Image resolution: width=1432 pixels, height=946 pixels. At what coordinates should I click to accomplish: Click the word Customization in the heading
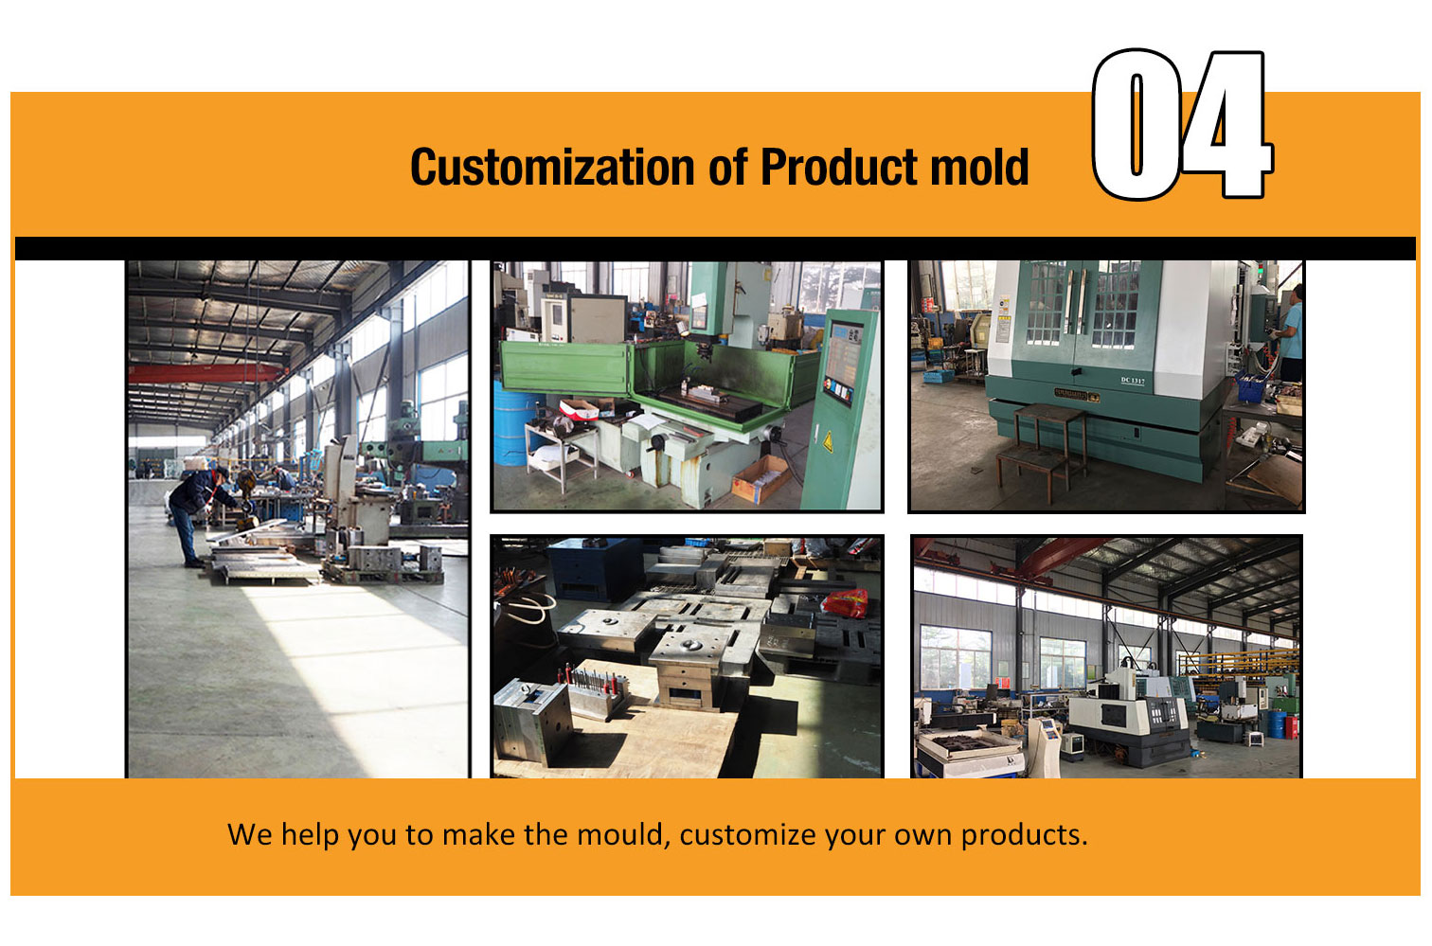point(553,167)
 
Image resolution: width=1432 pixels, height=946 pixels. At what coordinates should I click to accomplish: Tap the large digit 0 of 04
point(1136,125)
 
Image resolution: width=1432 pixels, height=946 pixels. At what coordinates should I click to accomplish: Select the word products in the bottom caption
point(1024,836)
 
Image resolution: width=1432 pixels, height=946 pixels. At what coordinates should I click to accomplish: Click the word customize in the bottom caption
point(747,835)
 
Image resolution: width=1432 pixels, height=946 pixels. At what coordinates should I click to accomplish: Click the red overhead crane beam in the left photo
point(205,374)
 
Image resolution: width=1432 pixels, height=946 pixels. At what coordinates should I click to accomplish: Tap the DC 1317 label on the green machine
point(1132,381)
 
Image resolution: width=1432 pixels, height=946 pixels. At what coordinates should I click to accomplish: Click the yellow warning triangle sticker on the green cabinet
point(828,440)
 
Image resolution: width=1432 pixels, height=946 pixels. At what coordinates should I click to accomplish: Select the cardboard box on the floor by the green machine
point(761,478)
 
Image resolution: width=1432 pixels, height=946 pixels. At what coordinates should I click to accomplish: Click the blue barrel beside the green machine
point(512,422)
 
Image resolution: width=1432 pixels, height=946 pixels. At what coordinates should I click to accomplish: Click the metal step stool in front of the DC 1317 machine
point(1042,451)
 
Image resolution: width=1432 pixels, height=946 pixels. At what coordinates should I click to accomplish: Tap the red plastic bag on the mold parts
point(845,603)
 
